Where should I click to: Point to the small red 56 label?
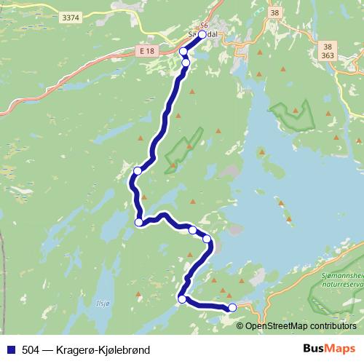(205, 25)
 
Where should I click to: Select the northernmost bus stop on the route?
(202, 34)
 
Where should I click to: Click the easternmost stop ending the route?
(232, 308)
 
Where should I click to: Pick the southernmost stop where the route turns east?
(182, 298)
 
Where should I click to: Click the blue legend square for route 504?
(9, 350)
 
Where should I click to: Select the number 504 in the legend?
(31, 350)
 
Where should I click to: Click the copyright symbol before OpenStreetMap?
(241, 326)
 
